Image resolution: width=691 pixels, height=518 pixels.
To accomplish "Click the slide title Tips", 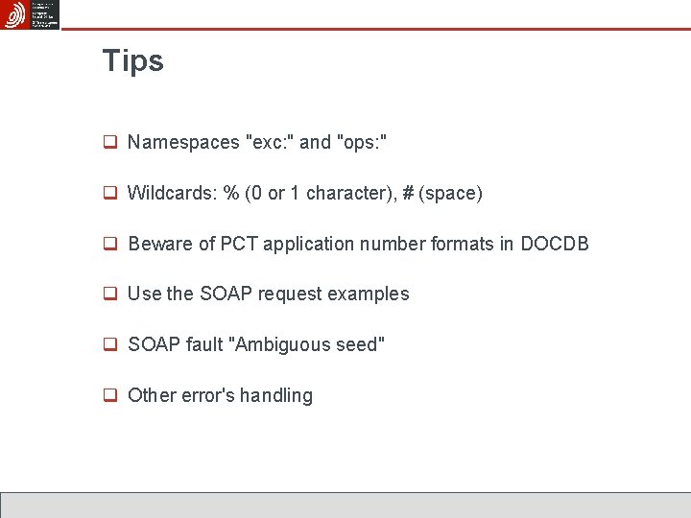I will point(133,61).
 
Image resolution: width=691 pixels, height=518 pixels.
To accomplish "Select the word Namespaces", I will point(183,143).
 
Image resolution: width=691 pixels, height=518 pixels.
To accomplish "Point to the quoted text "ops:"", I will point(362,142).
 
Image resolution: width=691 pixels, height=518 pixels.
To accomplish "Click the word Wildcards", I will point(172,193).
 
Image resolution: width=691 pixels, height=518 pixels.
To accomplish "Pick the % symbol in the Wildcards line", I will point(231,193).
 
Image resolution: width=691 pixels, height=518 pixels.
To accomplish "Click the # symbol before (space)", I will point(408,193).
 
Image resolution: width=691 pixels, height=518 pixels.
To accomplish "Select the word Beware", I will point(160,244).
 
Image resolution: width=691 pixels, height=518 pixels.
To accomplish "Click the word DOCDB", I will point(555,244).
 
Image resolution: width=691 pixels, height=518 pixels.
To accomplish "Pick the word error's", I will point(204,395).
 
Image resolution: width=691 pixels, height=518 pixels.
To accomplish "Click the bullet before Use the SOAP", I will point(110,294).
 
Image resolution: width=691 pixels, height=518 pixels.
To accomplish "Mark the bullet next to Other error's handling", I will point(110,395).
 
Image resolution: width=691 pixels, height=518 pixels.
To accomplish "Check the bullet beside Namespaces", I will point(110,143).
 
